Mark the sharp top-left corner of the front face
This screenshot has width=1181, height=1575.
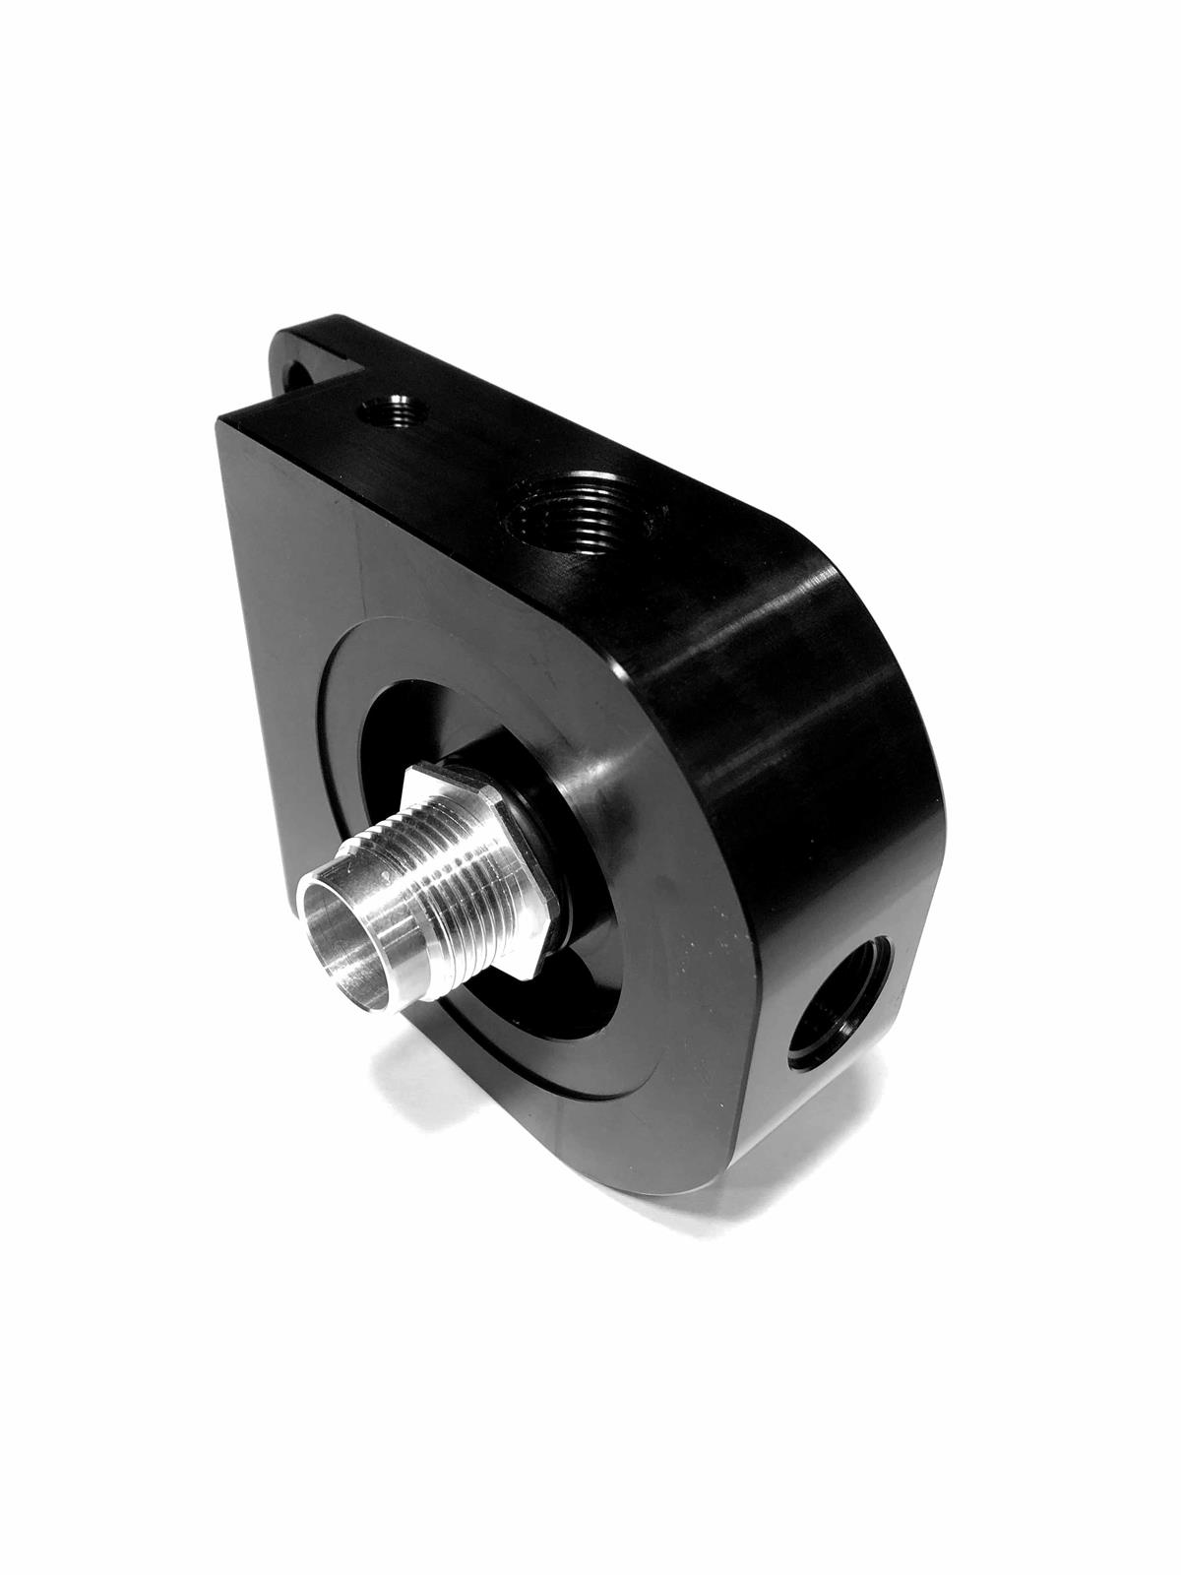coord(219,420)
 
